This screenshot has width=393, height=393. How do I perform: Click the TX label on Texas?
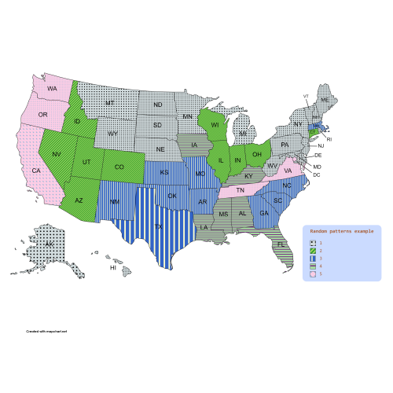[158, 227]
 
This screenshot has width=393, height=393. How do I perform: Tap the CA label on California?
[36, 171]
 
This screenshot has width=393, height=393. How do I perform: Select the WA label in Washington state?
[53, 89]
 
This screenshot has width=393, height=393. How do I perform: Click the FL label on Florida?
[280, 244]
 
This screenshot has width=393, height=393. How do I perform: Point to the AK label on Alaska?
[49, 245]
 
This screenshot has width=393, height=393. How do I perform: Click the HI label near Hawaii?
[113, 268]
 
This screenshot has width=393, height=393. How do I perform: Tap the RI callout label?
[329, 139]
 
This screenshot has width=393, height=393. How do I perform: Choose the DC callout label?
[317, 174]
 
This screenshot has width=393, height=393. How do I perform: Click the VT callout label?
[306, 96]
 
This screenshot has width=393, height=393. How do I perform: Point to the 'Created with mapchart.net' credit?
[46, 332]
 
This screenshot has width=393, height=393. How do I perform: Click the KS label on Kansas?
[164, 172]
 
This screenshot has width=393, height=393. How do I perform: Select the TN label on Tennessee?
[242, 191]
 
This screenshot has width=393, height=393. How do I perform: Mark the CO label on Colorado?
[118, 167]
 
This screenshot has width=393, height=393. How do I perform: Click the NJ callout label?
[321, 146]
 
